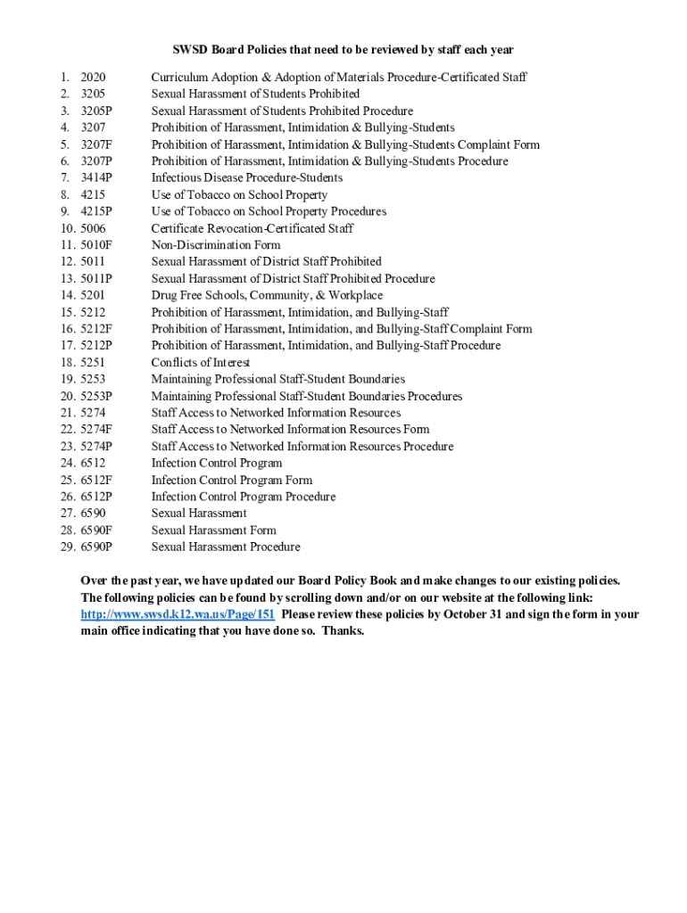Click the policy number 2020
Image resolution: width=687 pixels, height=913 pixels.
pyautogui.click(x=93, y=78)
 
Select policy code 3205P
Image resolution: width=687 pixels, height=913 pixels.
pyautogui.click(x=96, y=111)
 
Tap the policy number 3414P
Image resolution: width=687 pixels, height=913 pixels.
pyautogui.click(x=96, y=178)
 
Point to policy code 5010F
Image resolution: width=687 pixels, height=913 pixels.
pyautogui.click(x=96, y=245)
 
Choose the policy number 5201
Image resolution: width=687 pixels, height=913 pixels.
pyautogui.click(x=93, y=295)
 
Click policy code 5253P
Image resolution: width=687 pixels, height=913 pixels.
pyautogui.click(x=96, y=396)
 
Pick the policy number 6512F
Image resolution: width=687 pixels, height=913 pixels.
pyautogui.click(x=96, y=480)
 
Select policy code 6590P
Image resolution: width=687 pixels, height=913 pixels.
pyautogui.click(x=96, y=547)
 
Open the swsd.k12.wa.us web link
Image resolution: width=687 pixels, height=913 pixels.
pyautogui.click(x=178, y=614)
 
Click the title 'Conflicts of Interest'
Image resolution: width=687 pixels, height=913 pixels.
pyautogui.click(x=200, y=363)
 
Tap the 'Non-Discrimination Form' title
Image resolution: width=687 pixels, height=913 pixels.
pyautogui.click(x=215, y=245)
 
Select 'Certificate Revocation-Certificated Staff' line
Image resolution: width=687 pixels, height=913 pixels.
pyautogui.click(x=252, y=228)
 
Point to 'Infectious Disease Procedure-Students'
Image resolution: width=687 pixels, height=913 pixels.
pyautogui.click(x=246, y=178)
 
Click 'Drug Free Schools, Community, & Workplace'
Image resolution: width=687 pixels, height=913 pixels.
pyautogui.click(x=267, y=295)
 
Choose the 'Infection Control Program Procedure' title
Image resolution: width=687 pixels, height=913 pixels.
pyautogui.click(x=243, y=497)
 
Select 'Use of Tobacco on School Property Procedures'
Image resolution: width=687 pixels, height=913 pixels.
pyautogui.click(x=269, y=211)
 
